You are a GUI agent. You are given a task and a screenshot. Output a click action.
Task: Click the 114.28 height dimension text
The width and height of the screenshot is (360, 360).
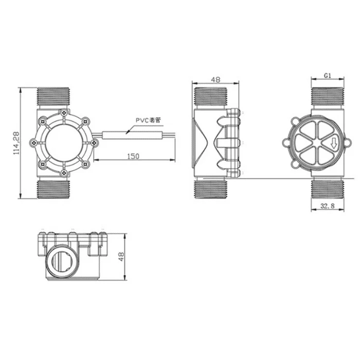coord(16,142)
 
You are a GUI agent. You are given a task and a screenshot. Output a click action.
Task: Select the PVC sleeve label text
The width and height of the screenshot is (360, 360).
coord(148,120)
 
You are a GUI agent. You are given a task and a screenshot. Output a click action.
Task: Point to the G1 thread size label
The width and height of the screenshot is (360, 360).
coord(327,75)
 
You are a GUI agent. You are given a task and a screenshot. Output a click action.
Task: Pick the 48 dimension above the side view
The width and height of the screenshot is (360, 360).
coord(215,80)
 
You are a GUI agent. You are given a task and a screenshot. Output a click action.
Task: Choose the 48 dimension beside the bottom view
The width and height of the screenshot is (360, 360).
coord(122,257)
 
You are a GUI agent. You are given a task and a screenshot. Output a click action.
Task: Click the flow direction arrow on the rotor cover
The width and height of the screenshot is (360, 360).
coord(334,144)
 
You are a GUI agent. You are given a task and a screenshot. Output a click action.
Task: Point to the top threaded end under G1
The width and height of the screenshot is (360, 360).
coord(327,98)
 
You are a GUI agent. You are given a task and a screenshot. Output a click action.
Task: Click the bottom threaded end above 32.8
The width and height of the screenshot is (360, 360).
coord(327,189)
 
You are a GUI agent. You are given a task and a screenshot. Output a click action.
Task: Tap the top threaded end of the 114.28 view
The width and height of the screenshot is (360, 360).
coord(55,98)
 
